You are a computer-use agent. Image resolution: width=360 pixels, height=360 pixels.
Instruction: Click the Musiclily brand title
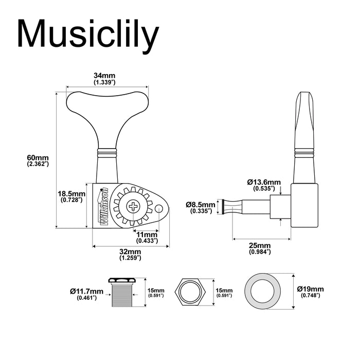(88, 35)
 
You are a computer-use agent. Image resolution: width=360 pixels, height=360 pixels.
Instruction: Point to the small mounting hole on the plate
(161, 208)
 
